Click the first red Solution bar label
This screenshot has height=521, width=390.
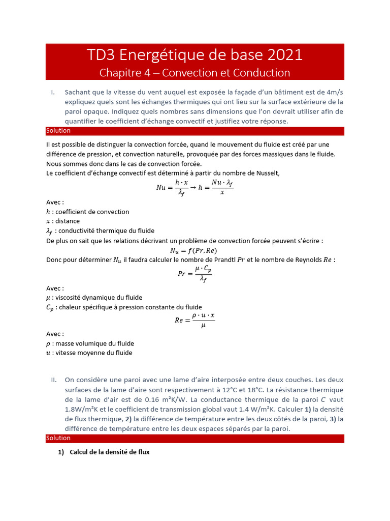coord(58,131)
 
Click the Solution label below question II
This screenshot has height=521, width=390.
coord(58,438)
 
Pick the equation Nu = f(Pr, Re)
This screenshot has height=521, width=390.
coord(195,250)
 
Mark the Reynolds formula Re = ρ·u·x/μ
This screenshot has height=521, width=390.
coord(194,321)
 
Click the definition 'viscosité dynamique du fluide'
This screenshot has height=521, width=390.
coord(99,298)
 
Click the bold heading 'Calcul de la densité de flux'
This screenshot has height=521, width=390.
coord(109,451)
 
